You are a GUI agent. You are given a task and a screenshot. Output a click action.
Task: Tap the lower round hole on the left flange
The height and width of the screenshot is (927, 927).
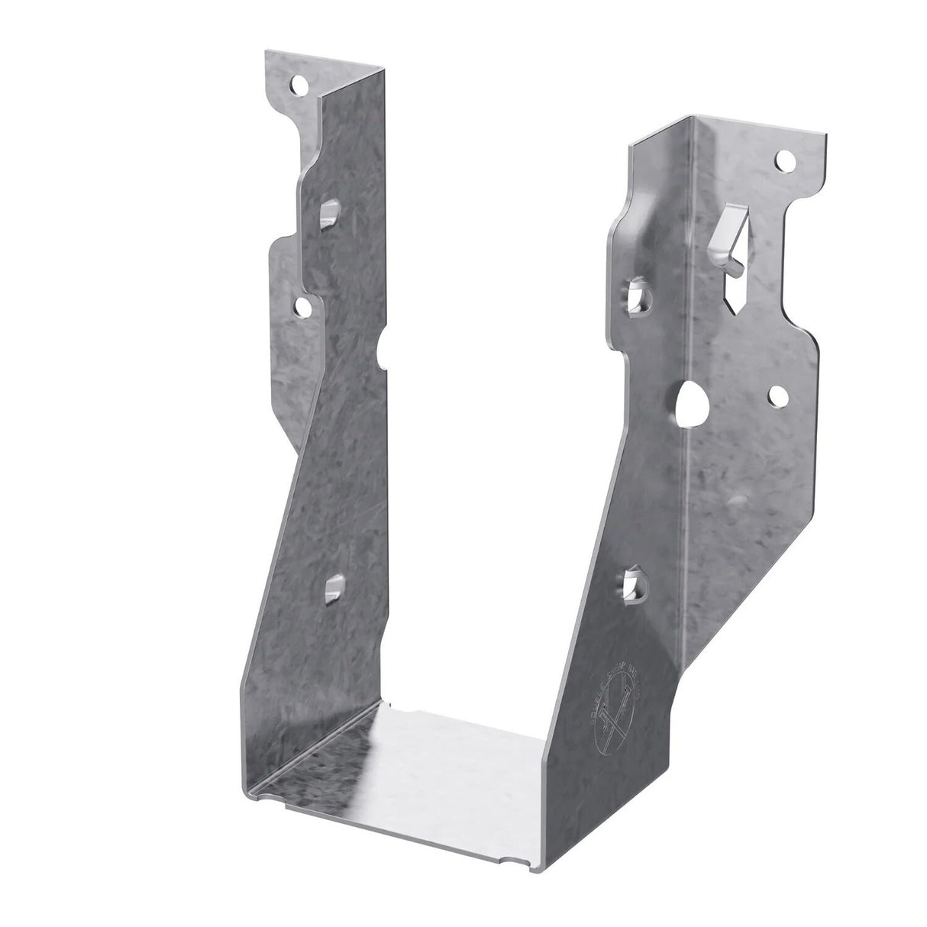coord(303,307)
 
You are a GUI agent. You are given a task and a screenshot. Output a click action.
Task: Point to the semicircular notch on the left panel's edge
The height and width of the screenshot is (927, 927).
coord(382,348)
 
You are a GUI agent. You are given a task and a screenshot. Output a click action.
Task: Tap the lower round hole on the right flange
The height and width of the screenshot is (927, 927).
coord(778,395)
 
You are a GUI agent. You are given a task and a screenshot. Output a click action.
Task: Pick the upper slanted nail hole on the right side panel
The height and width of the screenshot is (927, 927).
coord(639,296)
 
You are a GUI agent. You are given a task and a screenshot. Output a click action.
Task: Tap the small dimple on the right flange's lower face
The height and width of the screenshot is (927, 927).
coord(736,499)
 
